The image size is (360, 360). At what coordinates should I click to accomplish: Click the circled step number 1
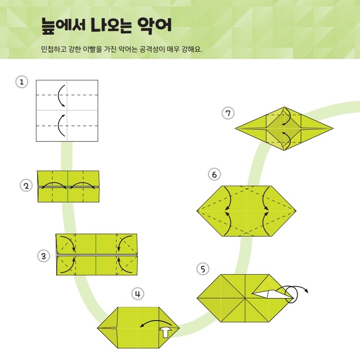(22, 82)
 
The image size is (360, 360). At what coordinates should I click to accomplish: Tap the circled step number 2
(26, 186)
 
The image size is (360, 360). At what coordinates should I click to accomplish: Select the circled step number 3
(44, 256)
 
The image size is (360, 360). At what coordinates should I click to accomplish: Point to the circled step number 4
(138, 294)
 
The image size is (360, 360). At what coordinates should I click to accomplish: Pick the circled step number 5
(203, 269)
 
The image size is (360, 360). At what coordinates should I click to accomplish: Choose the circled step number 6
(214, 175)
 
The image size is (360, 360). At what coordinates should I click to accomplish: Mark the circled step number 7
(228, 113)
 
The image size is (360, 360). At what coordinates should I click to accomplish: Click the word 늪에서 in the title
(63, 25)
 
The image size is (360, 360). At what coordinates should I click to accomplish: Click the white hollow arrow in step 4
(166, 332)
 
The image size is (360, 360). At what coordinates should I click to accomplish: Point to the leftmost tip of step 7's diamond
(235, 128)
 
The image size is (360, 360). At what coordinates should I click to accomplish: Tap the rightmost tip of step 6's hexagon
(296, 211)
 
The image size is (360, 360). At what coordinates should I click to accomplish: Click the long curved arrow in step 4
(156, 321)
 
